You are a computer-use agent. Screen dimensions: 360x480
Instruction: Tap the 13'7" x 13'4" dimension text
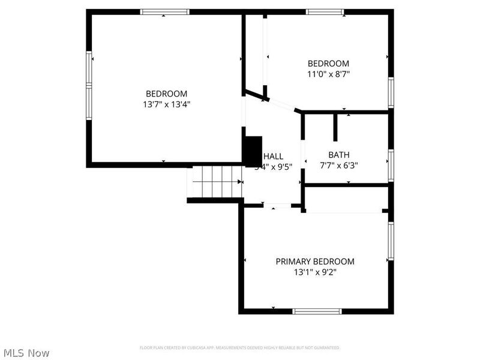click(x=167, y=104)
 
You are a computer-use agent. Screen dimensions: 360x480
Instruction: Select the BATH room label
click(x=338, y=155)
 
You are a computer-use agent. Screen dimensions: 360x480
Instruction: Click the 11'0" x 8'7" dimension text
click(x=328, y=74)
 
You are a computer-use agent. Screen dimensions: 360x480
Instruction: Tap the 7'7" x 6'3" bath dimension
click(x=338, y=165)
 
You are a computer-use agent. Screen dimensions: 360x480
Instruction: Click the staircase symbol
click(x=216, y=182)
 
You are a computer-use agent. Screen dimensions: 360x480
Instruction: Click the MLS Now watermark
click(x=26, y=353)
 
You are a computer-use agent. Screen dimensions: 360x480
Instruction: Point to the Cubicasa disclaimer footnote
click(x=239, y=348)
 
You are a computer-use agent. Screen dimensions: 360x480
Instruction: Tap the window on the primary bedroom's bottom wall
click(x=317, y=311)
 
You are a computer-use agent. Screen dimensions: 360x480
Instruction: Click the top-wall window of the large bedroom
click(x=164, y=12)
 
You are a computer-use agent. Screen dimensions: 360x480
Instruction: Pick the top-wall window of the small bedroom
click(x=325, y=12)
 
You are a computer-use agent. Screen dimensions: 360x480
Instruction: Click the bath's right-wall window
click(x=391, y=164)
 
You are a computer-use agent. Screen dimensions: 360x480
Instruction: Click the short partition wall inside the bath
click(x=336, y=126)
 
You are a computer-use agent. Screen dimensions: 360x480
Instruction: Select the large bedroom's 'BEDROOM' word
click(x=167, y=94)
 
